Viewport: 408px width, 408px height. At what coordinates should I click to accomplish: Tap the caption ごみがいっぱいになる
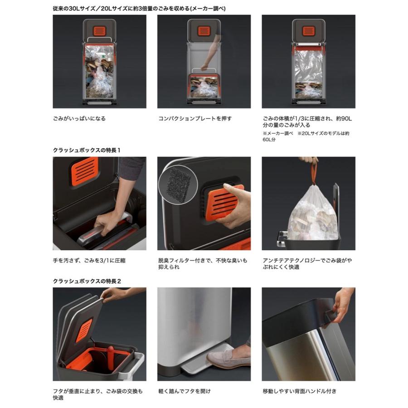coord(79,119)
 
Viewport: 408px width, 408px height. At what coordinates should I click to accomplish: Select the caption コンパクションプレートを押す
coord(195,119)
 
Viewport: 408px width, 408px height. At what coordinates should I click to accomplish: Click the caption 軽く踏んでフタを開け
coord(185,391)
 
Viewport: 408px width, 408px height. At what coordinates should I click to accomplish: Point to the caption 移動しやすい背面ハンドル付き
coord(300,391)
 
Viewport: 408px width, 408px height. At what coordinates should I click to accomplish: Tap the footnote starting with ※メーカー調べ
coord(306,136)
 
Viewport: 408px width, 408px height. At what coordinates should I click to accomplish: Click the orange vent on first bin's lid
coord(99,31)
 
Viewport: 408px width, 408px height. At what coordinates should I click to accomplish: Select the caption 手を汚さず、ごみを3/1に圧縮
coord(89,261)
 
